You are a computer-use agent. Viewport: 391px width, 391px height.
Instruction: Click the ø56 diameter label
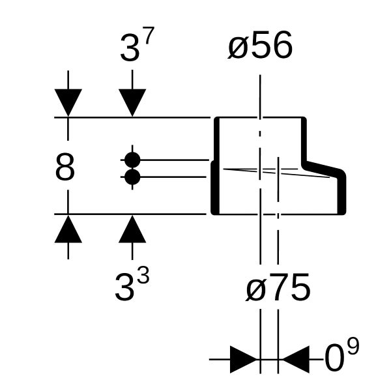(x=260, y=45)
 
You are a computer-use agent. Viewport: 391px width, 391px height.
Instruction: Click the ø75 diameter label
(x=278, y=287)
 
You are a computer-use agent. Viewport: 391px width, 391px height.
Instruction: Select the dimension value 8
(x=65, y=167)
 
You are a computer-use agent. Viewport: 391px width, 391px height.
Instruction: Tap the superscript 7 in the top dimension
(x=149, y=35)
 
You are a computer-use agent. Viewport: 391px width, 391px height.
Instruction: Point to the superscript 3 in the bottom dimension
(x=143, y=275)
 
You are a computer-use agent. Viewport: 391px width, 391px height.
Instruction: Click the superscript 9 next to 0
(x=353, y=346)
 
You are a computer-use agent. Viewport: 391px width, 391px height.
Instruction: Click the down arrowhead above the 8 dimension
(x=68, y=102)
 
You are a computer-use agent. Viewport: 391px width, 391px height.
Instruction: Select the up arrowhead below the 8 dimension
(x=68, y=229)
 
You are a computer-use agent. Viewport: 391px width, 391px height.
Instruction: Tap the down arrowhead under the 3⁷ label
(x=132, y=102)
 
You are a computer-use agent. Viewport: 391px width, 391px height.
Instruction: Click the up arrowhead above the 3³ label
(x=132, y=229)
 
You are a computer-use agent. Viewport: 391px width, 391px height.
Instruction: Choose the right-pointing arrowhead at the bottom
(x=243, y=359)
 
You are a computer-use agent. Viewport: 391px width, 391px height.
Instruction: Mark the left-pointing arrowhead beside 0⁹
(x=295, y=359)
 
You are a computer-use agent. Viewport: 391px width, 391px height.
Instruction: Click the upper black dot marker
(x=132, y=160)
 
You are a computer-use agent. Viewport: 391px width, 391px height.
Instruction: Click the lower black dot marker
(x=132, y=177)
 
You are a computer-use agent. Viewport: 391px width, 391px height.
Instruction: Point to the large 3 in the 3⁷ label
(x=130, y=48)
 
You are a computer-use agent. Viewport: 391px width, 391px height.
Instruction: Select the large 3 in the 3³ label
(x=124, y=287)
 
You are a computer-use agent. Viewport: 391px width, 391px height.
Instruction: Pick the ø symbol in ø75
(x=256, y=290)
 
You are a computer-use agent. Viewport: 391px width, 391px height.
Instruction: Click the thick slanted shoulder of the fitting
(x=323, y=168)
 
